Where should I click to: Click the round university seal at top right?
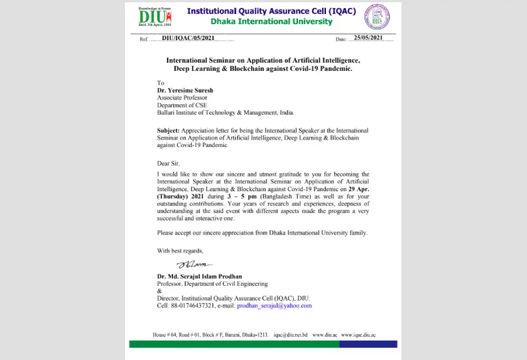point(377,17)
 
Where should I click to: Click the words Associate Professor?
point(182,98)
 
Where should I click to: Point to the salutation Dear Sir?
point(169,162)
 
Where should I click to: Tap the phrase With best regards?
point(180,250)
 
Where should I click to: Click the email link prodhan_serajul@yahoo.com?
point(275,305)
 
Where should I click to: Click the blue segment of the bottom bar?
point(367,344)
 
